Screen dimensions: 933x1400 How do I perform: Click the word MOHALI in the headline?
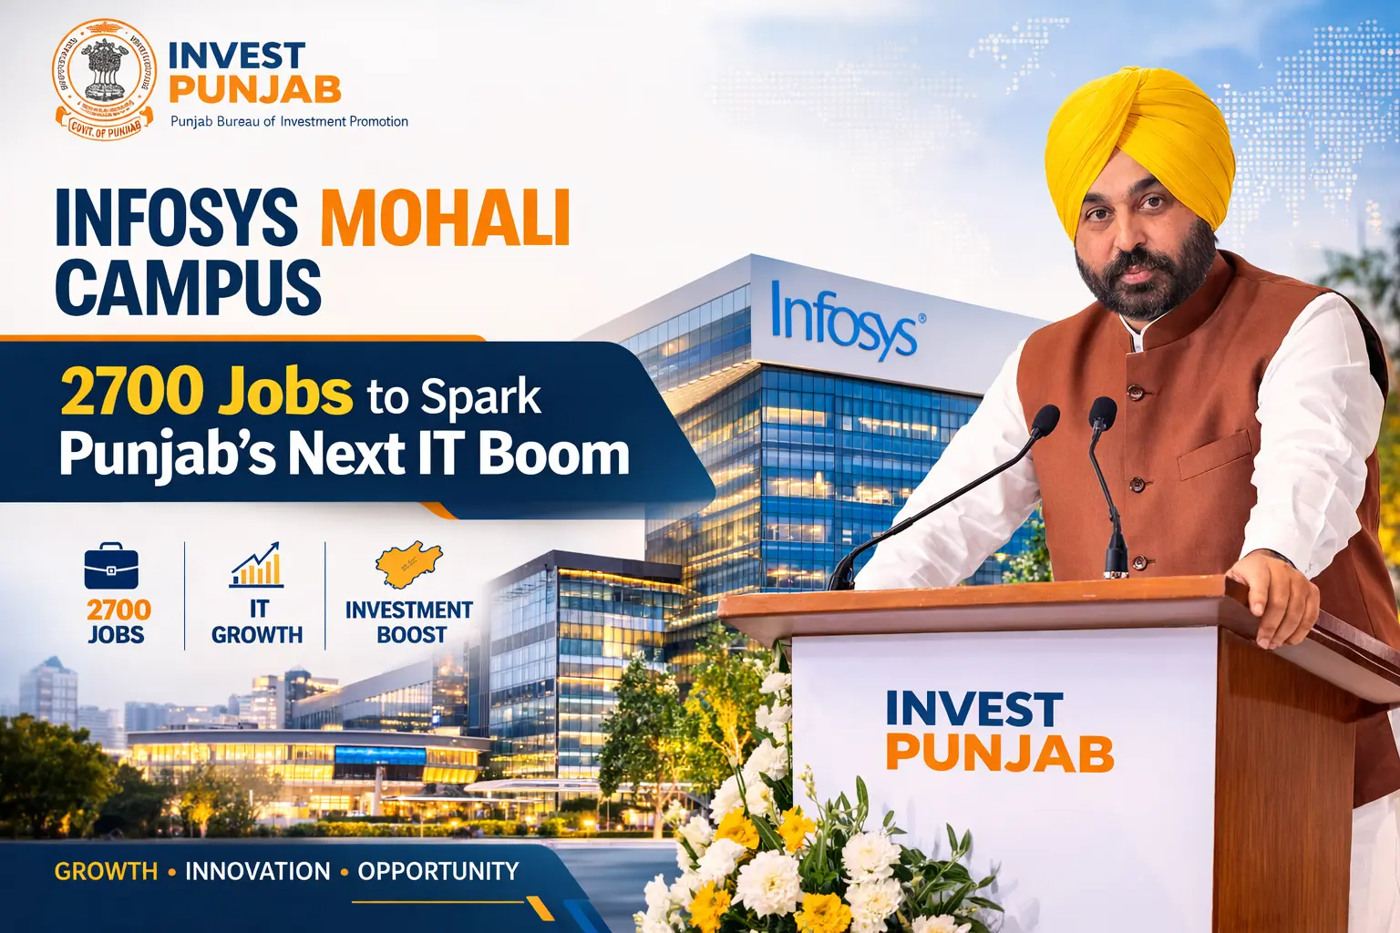[x=445, y=218]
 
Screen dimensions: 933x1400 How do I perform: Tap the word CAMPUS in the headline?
[x=189, y=287]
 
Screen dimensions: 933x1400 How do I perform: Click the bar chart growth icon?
[x=256, y=565]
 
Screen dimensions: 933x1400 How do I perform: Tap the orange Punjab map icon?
[x=409, y=565]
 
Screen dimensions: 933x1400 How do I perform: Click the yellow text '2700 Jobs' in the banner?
[x=206, y=393]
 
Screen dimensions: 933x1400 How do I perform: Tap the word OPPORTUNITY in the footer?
[x=437, y=872]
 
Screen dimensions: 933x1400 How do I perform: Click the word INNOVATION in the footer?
[x=258, y=872]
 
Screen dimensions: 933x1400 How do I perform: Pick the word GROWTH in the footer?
[x=106, y=872]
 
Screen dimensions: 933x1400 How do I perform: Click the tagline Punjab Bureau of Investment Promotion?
[x=289, y=121]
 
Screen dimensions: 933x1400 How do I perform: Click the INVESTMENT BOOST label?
[x=409, y=622]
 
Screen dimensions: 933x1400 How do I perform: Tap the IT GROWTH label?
[x=257, y=622]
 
